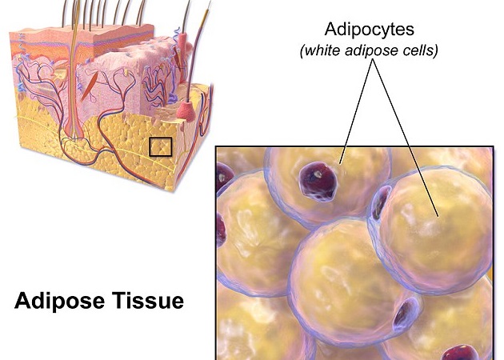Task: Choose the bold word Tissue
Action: point(152,302)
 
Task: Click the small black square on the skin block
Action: point(161,147)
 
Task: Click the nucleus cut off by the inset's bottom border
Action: point(462,352)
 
